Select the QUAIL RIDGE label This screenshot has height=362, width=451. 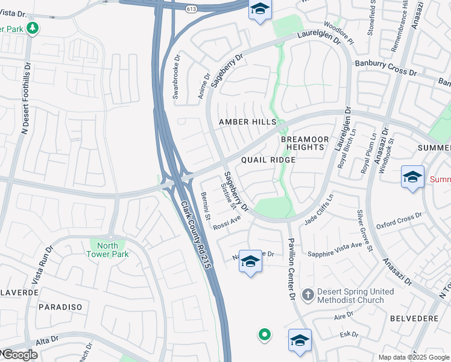[x=268, y=160]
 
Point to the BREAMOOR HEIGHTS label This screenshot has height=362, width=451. [x=305, y=143]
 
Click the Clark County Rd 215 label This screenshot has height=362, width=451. [x=200, y=235]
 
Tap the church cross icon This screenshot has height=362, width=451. [x=307, y=295]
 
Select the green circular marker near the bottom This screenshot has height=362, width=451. [x=264, y=334]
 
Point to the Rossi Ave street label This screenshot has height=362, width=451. [x=227, y=223]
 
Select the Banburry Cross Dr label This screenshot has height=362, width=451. [x=385, y=67]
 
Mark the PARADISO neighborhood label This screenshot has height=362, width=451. [x=60, y=307]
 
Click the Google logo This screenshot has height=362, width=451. [x=19, y=355]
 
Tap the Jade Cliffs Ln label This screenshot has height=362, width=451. [x=319, y=209]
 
